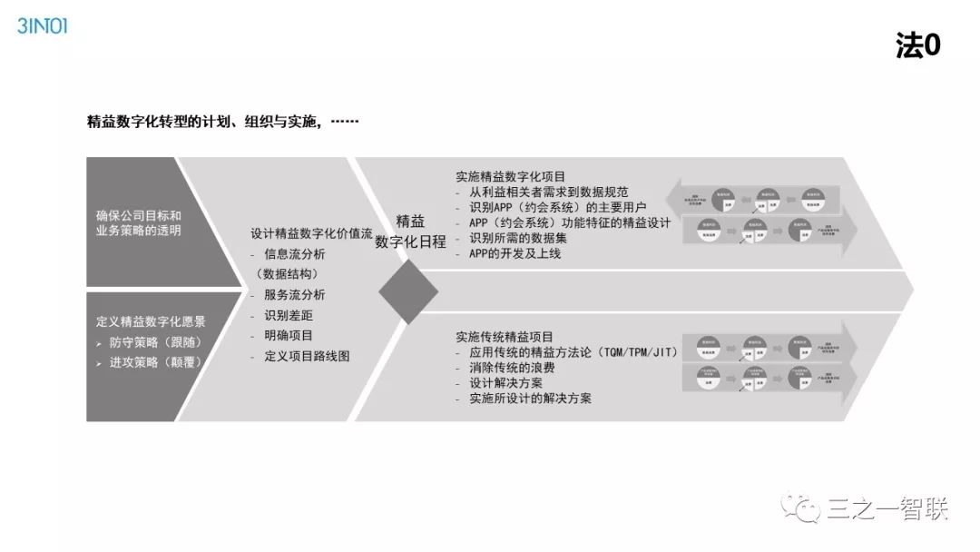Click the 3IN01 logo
(42, 25)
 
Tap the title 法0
(917, 47)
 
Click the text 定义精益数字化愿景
(151, 320)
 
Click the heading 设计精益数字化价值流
(311, 233)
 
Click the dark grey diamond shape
(408, 292)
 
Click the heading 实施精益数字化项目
(510, 176)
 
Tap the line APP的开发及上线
(509, 253)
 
